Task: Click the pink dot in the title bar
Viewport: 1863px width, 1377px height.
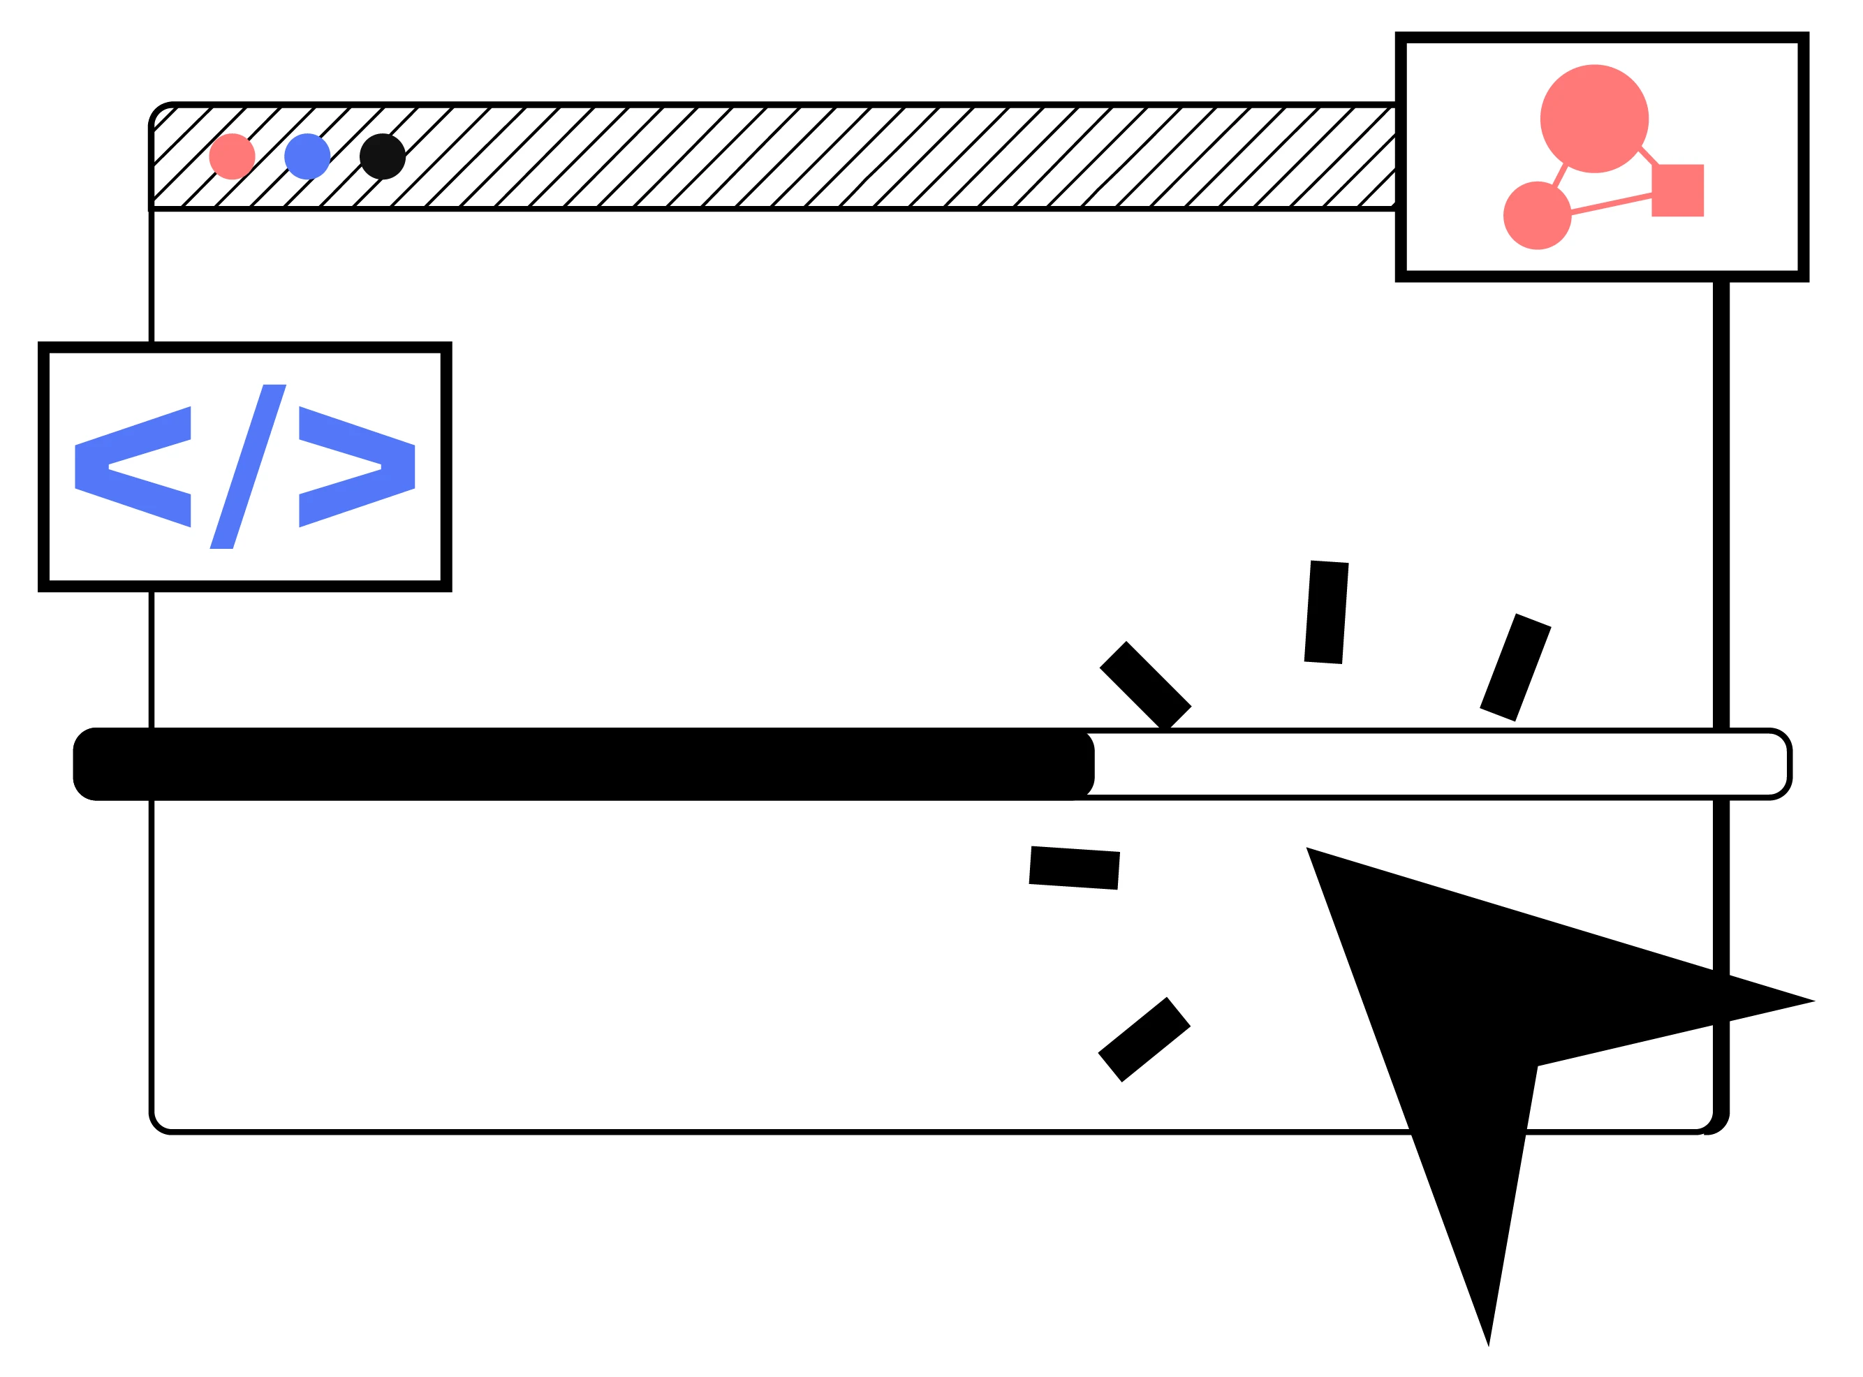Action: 233,156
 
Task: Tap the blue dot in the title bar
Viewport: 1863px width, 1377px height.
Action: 307,156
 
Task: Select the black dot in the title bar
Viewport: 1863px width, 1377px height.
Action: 383,156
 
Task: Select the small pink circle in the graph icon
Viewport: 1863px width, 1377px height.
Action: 1537,216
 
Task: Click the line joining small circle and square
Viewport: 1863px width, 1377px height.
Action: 1611,204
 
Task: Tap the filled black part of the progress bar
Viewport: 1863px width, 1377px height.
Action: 584,765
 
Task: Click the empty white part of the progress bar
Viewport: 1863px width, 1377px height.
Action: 1434,765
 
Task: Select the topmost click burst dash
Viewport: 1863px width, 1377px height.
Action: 1326,612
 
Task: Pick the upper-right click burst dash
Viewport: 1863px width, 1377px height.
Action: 1515,668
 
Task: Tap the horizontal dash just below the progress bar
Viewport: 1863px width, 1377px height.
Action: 1075,869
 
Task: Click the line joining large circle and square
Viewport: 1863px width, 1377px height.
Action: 1648,156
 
